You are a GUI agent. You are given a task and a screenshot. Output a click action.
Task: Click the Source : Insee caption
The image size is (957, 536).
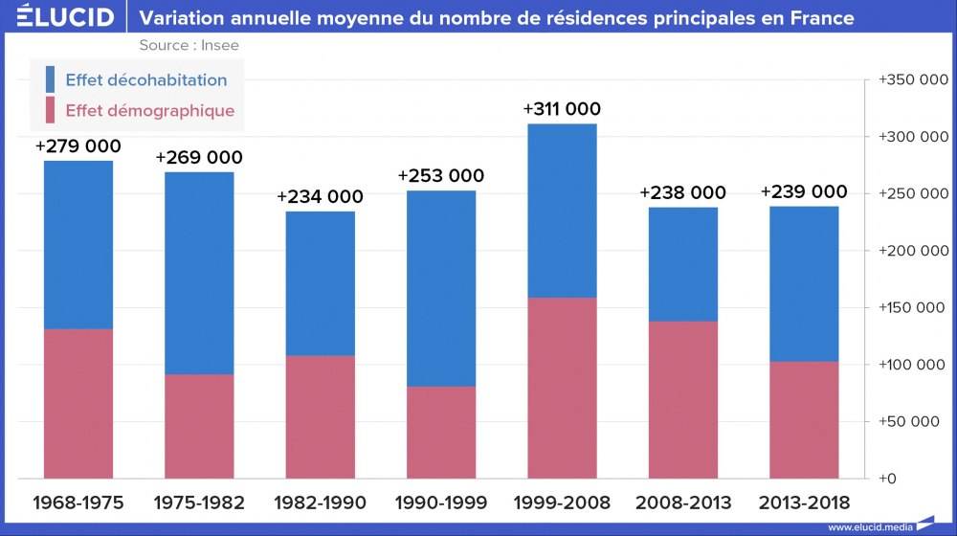click(x=189, y=45)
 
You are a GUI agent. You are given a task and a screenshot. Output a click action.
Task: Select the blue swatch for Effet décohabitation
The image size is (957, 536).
click(x=50, y=79)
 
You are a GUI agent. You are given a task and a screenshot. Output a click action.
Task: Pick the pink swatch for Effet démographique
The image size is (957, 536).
click(x=50, y=110)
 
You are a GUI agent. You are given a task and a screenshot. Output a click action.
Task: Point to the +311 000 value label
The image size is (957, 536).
click(x=562, y=109)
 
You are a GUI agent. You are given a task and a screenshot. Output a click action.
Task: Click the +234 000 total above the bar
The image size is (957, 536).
click(x=320, y=196)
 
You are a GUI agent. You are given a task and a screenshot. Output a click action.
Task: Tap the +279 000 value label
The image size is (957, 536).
click(x=78, y=146)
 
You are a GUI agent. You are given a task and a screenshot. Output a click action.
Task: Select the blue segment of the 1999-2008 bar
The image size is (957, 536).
click(x=562, y=211)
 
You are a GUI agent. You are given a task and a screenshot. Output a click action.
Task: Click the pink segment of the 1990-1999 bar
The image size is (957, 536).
click(x=441, y=432)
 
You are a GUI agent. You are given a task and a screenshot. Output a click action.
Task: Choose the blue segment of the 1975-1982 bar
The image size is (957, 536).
click(x=199, y=273)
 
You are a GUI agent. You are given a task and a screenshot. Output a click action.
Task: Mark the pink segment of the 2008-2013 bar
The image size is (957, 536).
click(x=682, y=399)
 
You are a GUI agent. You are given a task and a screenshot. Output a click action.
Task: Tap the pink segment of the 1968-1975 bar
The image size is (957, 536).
click(x=78, y=403)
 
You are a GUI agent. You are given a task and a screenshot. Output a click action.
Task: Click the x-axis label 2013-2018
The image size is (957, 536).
click(x=804, y=502)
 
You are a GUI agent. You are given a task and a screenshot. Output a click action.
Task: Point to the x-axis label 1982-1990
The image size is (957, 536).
click(x=320, y=502)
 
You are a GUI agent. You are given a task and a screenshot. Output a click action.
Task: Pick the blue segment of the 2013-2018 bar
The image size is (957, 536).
click(x=804, y=284)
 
